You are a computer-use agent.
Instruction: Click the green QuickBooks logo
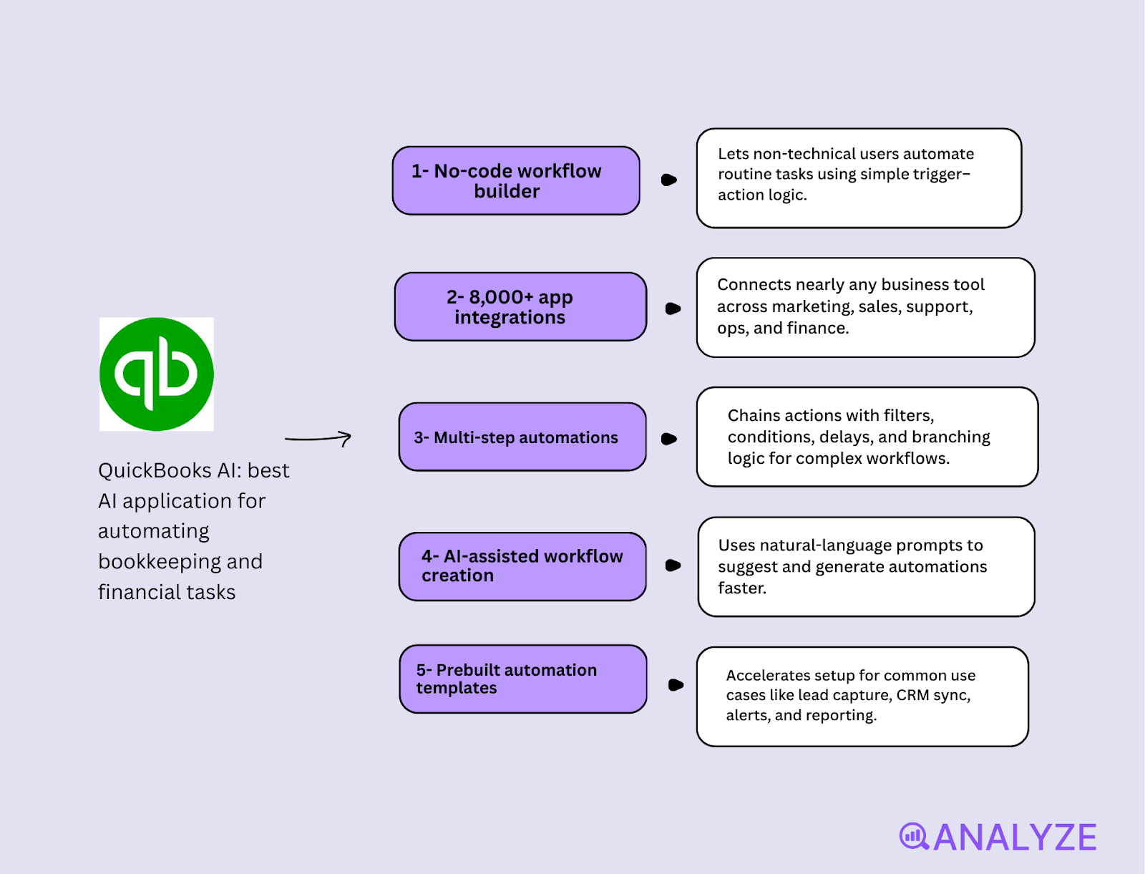(x=156, y=374)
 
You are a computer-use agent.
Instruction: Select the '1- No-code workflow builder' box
(x=515, y=180)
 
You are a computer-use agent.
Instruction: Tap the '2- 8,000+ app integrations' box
(x=520, y=306)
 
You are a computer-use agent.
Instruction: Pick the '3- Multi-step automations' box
(x=522, y=437)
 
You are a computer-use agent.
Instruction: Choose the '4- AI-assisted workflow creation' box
(x=522, y=566)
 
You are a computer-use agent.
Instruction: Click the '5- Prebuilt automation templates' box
(x=522, y=679)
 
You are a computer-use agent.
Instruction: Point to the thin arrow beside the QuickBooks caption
(x=318, y=438)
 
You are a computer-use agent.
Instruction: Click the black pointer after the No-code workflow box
(x=668, y=180)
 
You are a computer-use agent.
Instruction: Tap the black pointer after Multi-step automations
(x=668, y=439)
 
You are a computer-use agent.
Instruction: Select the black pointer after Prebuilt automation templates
(x=675, y=685)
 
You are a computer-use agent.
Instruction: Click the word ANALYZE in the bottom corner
(x=1015, y=837)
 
